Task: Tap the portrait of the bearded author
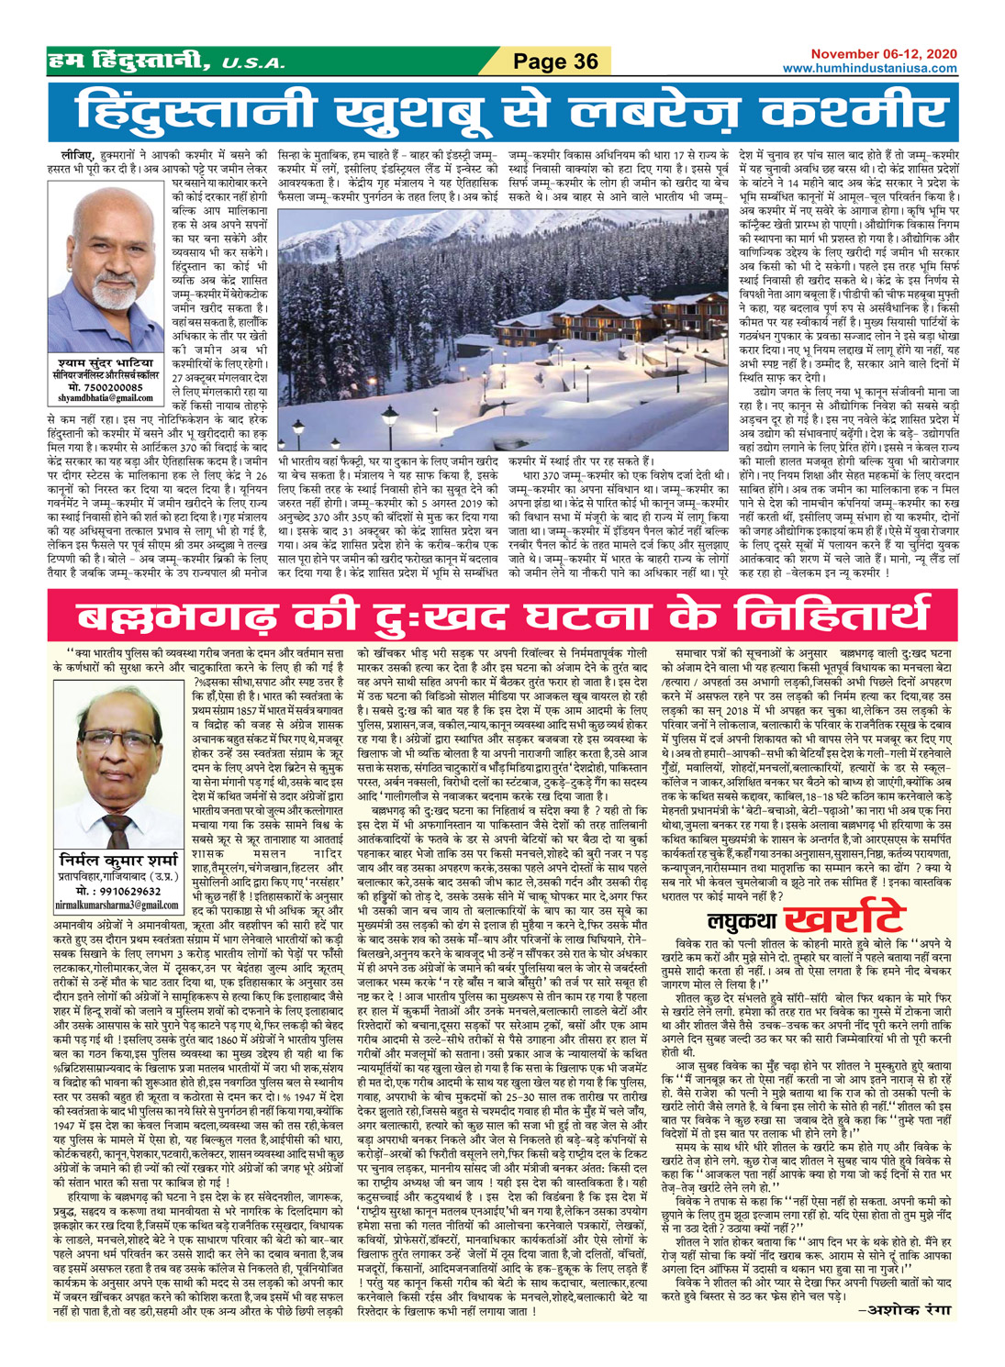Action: [106, 275]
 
